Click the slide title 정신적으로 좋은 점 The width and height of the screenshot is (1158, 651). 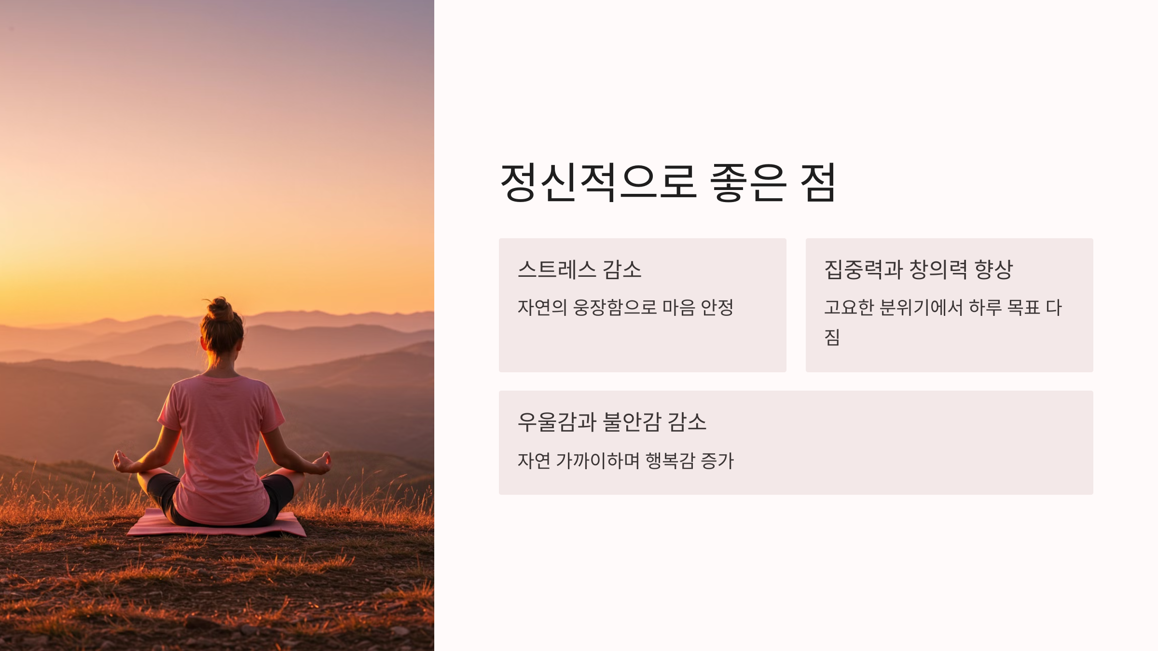coord(668,182)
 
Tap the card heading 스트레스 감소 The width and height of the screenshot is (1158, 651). coord(579,269)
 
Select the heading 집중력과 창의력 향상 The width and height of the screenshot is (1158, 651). coord(918,269)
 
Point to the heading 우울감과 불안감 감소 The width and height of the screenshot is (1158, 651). coord(612,422)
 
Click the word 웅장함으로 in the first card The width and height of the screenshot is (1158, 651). coord(615,307)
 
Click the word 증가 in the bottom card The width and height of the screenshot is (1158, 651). coord(717,461)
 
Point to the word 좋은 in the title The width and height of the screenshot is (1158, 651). coord(748,182)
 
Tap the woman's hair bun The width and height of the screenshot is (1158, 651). coord(221,309)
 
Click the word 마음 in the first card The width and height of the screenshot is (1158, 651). coord(678,307)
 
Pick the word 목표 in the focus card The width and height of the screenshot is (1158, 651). coord(1023,307)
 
